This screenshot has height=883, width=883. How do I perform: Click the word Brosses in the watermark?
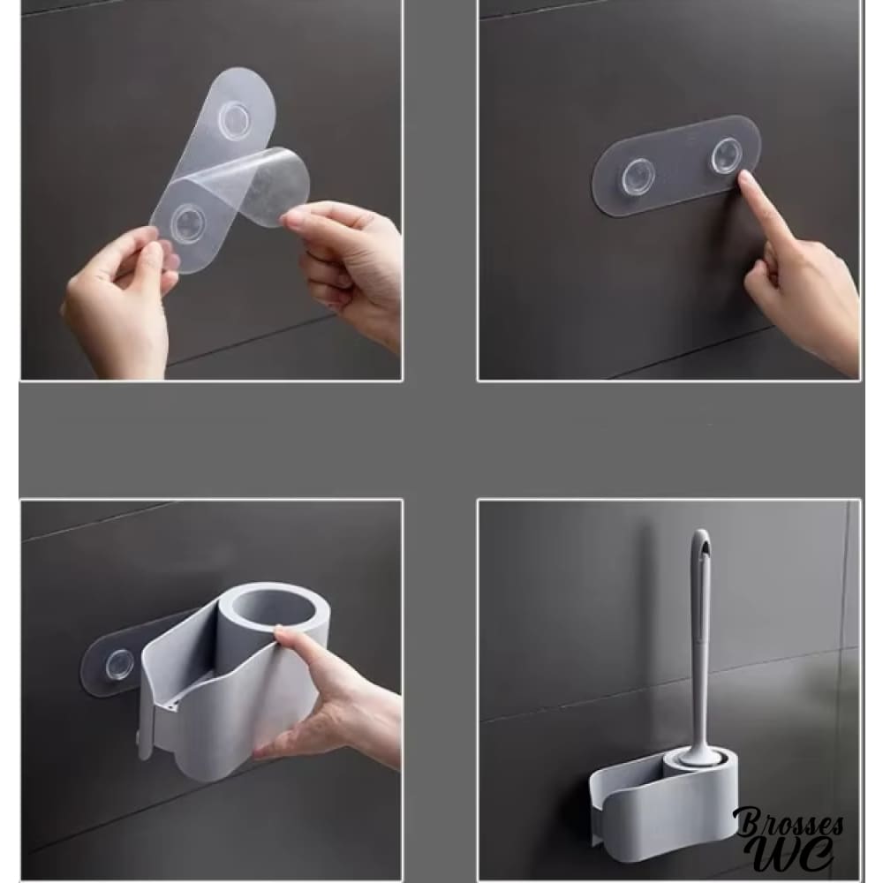[789, 823]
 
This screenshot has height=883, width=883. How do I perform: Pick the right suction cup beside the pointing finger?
[727, 155]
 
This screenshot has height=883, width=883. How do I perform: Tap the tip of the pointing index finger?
[743, 178]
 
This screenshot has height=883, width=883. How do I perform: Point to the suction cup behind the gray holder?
[120, 665]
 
